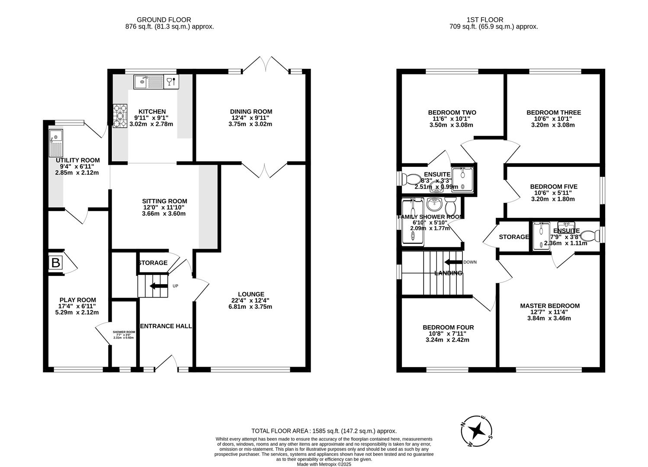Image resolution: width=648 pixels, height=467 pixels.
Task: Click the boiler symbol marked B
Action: [x=56, y=262]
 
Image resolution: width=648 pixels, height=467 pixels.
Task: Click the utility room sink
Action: [x=56, y=143]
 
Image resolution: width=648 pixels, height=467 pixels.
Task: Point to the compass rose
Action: [x=477, y=431]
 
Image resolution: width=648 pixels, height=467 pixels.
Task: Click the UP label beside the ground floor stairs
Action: [x=176, y=286]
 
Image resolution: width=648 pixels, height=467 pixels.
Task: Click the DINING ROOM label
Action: [x=251, y=112]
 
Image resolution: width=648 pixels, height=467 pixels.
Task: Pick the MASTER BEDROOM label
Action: [x=549, y=306]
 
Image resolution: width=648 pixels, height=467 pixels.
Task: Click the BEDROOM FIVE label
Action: [x=554, y=187]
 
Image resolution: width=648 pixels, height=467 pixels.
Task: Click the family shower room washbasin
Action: [x=434, y=204]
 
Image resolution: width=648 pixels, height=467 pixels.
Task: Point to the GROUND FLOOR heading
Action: [x=164, y=19]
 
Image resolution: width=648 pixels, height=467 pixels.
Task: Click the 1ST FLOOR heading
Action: [x=484, y=19]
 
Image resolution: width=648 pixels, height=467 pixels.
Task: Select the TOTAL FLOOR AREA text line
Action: [x=324, y=431]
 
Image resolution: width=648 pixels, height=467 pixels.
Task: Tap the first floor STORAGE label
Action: [x=513, y=237]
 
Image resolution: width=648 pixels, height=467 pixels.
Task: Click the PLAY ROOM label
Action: [x=78, y=300]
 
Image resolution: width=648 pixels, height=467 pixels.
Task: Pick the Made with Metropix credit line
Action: [x=324, y=464]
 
